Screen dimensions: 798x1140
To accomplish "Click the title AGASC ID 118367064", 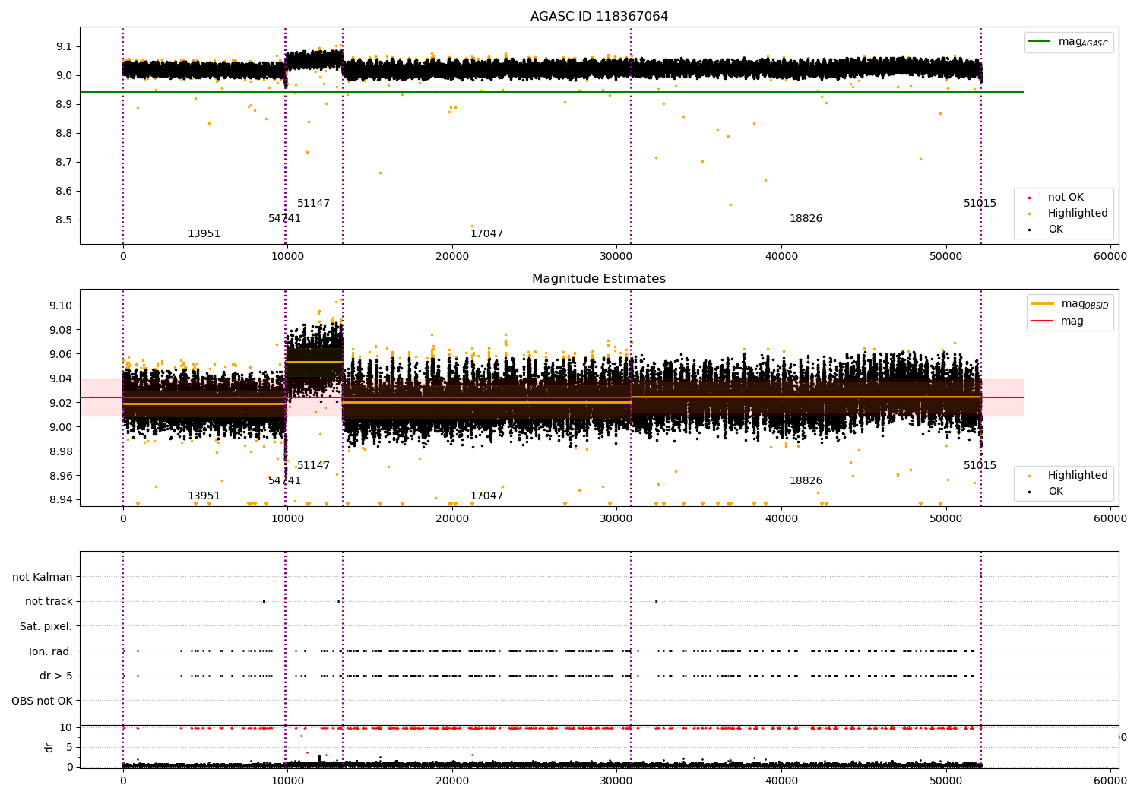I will (599, 17).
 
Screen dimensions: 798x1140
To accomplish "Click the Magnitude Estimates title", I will (599, 279).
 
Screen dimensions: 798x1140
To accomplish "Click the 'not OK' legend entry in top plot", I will (1066, 198).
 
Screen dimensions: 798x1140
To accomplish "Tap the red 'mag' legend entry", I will (1072, 321).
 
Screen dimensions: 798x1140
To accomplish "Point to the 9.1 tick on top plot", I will (63, 46).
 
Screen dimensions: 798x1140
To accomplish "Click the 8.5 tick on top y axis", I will (63, 220).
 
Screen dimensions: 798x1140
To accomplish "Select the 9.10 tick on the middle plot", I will (60, 306).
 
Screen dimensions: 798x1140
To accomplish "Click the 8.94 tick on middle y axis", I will (60, 499).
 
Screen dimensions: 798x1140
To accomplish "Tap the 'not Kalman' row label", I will (43, 577).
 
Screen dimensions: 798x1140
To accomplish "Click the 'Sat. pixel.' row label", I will (46, 626).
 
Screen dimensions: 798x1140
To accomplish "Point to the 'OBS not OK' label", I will (42, 701).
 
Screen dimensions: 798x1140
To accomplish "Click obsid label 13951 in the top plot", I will (204, 234).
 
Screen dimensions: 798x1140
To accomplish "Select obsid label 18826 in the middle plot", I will (806, 481).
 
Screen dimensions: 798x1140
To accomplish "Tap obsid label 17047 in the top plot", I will (486, 234).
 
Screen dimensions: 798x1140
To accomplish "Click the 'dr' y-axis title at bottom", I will (49, 747).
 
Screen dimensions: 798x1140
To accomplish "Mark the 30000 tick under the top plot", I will (616, 257).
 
